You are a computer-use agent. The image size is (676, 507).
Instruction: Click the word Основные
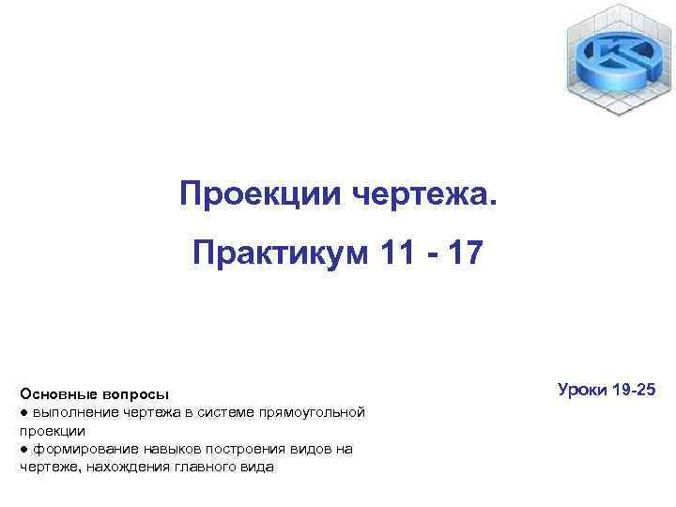[x=55, y=394]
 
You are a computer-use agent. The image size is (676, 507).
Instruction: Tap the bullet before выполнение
[x=23, y=412]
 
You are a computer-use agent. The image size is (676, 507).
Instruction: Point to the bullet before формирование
[x=23, y=449]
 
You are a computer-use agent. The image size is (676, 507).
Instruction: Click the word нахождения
[x=123, y=467]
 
